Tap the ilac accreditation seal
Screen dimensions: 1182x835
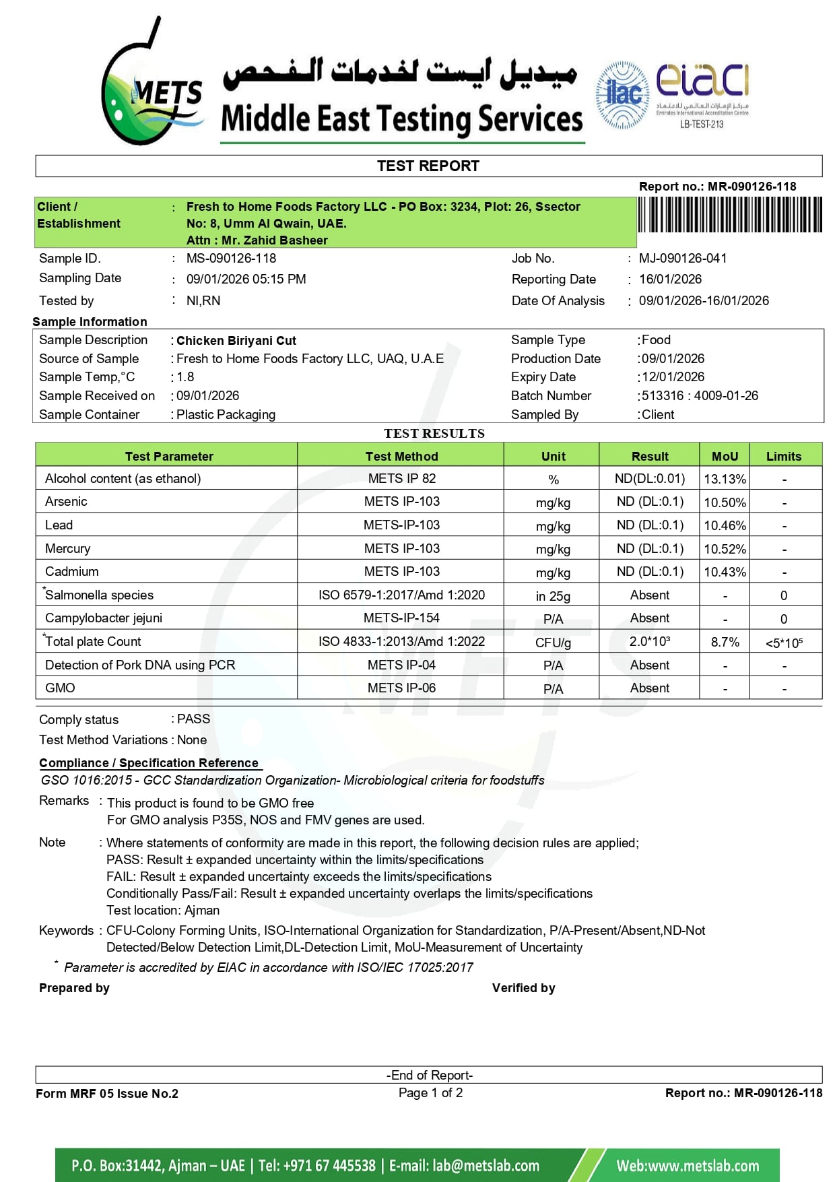[623, 94]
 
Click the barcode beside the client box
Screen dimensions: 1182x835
[729, 215]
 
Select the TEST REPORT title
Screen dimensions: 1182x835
[428, 166]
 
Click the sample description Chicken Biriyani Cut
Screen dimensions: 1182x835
[236, 340]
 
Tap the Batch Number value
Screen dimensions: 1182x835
[700, 395]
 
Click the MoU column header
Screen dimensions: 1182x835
[725, 456]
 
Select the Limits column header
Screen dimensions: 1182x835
[784, 456]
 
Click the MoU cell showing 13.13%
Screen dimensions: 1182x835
[725, 479]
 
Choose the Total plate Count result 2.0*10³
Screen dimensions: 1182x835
[649, 641]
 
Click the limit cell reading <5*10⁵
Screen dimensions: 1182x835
[784, 643]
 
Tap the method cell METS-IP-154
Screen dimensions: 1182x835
[401, 618]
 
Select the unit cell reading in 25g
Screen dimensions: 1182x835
[553, 595]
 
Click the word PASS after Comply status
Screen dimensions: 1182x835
[193, 719]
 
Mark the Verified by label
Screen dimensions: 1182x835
[523, 987]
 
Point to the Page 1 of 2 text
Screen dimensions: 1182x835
[430, 1092]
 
